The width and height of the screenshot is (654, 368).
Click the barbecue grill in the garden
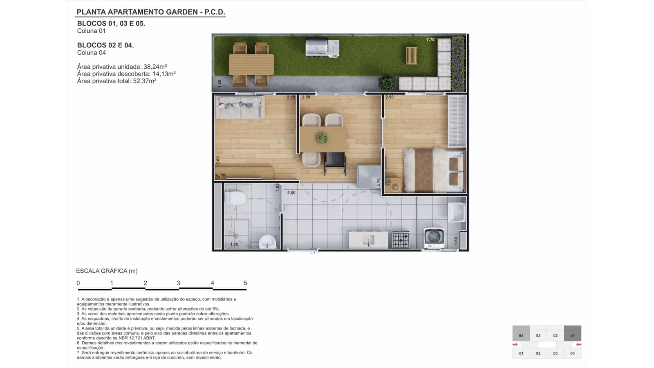pos(323,47)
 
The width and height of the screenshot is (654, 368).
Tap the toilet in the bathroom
pos(236,198)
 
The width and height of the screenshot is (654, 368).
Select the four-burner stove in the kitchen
pos(401,240)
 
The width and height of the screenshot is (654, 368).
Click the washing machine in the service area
pos(434,238)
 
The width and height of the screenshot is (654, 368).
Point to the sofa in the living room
pos(240,108)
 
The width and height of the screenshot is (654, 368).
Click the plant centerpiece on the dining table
pos(323,138)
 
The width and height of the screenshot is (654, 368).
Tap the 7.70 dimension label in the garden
pos(430,39)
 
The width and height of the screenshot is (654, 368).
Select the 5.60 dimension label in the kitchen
pos(291,193)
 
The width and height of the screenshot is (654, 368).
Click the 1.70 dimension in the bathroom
pos(234,245)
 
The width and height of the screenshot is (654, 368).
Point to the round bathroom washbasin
pos(267,242)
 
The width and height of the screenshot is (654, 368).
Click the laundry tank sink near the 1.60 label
pos(457,212)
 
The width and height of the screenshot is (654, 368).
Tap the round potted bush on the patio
pos(387,83)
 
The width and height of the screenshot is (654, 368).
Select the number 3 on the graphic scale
pos(178,283)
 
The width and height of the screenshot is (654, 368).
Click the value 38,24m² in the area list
pos(155,67)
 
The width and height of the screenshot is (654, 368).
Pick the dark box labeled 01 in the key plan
pos(573,333)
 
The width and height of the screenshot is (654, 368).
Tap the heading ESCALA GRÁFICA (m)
pos(107,271)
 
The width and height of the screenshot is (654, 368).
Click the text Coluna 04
pos(92,53)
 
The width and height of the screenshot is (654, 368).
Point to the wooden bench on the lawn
pos(412,56)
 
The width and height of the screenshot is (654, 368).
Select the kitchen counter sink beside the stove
pos(368,240)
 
